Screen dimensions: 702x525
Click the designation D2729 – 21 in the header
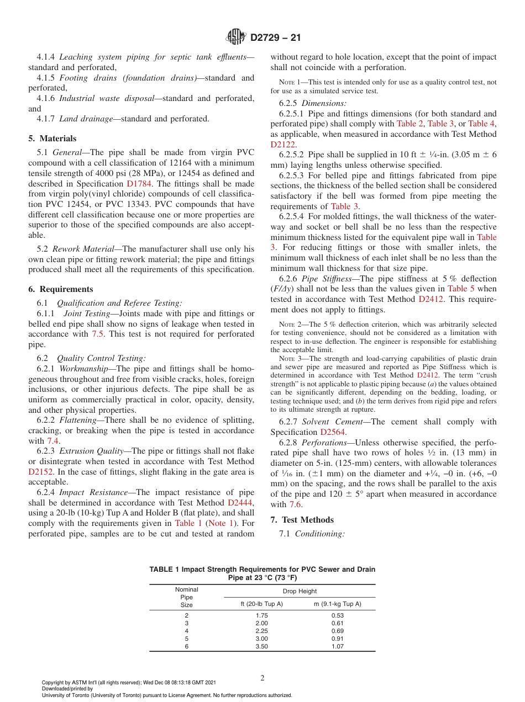[275, 38]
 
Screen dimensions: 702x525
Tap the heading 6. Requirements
[61, 289]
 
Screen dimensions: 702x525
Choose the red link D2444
[240, 503]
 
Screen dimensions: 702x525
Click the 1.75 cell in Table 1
[261, 615]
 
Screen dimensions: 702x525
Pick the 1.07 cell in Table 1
[337, 646]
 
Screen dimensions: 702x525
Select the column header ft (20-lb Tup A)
[261, 604]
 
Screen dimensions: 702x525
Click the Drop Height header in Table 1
[299, 591]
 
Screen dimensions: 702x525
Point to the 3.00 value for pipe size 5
[261, 639]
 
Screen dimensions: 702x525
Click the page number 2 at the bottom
[262, 678]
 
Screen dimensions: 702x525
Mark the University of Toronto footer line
[167, 695]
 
